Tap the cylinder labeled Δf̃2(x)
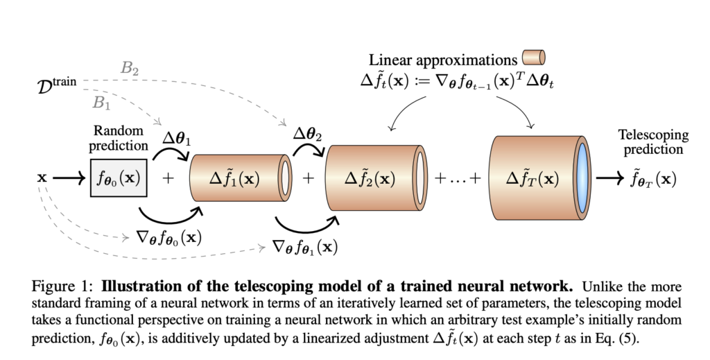[x=371, y=178]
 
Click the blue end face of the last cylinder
[x=583, y=178]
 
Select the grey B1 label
[x=102, y=103]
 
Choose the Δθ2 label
[x=309, y=134]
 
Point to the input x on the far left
[x=42, y=178]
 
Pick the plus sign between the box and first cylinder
[x=167, y=178]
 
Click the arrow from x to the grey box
[x=70, y=178]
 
